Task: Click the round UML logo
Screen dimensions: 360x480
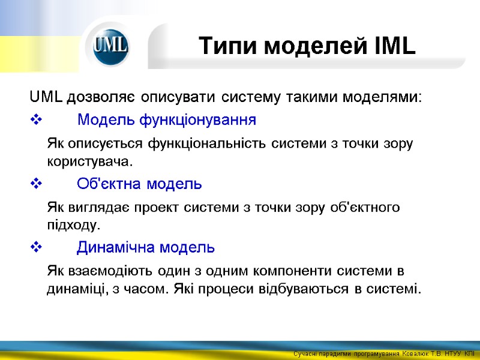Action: [x=110, y=47]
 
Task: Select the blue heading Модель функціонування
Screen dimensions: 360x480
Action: [x=167, y=120]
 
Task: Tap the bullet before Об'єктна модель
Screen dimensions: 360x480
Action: [x=34, y=184]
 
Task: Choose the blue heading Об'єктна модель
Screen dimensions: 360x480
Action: [x=139, y=183]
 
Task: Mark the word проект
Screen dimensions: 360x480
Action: [x=200, y=208]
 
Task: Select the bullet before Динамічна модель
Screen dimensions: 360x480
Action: [x=34, y=247]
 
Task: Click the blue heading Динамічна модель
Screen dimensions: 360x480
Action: [x=146, y=247]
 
